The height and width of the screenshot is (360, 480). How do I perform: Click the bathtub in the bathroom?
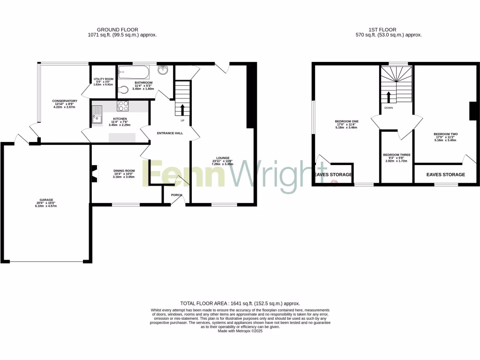coord(134,72)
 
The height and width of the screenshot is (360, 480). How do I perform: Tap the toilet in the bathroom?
coord(123,90)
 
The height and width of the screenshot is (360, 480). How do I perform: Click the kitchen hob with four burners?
coord(123,106)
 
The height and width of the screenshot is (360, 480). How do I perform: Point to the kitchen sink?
coord(97,114)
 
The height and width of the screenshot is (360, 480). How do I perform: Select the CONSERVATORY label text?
coord(65,100)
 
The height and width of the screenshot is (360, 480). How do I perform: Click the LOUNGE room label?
coord(223,157)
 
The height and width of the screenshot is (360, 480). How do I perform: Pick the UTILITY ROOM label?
coord(103,79)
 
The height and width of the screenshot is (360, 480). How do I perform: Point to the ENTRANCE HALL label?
coord(170,133)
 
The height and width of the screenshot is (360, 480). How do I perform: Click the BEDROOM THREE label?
coord(397,155)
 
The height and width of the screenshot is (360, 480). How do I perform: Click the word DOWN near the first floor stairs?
coord(388,108)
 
